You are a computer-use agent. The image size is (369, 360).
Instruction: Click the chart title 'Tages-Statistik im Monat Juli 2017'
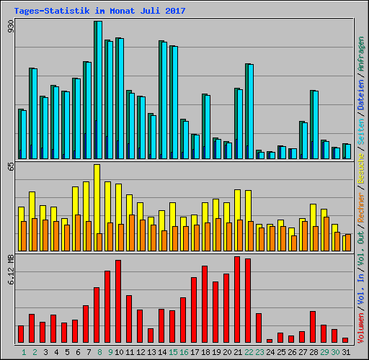click(x=99, y=11)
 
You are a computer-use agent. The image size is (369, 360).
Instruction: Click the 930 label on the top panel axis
click(x=11, y=27)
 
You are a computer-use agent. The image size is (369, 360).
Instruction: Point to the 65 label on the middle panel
click(x=11, y=166)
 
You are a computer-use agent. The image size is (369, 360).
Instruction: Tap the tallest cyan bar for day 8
click(x=98, y=90)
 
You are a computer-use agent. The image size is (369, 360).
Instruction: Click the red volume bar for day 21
click(x=237, y=300)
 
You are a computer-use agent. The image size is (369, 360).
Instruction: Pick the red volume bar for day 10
click(x=118, y=301)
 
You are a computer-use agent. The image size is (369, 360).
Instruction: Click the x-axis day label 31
click(x=345, y=352)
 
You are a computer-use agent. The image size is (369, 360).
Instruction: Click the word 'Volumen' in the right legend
click(x=361, y=324)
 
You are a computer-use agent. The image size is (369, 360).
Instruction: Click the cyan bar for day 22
click(x=250, y=112)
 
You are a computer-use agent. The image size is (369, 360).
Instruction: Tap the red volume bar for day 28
click(x=313, y=327)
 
